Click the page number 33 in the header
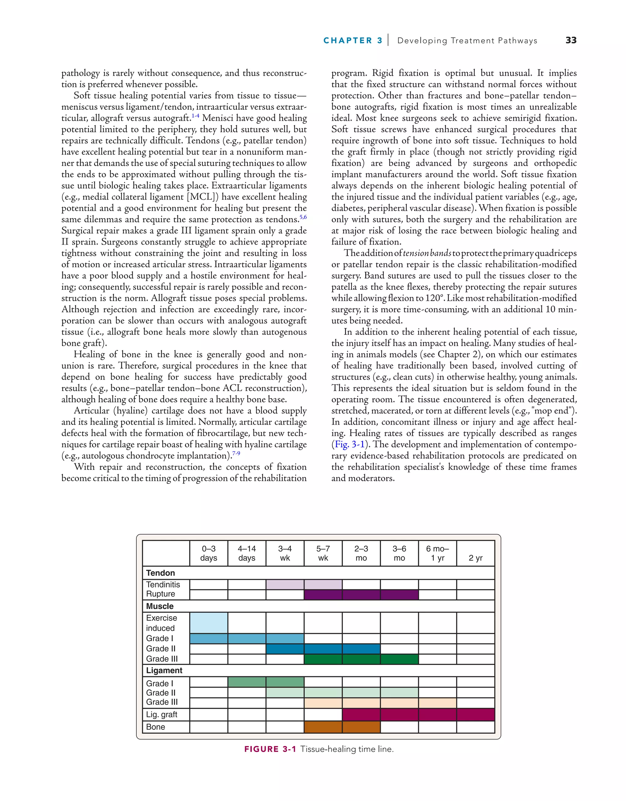pyautogui.click(x=571, y=40)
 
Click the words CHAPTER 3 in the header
pyautogui.click(x=352, y=40)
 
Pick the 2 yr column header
pyautogui.click(x=475, y=558)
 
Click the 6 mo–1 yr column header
pyautogui.click(x=437, y=553)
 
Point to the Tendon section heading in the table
pyautogui.click(x=160, y=573)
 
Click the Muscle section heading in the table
pyautogui.click(x=160, y=606)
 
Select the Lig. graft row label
pyautogui.click(x=161, y=714)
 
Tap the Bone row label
pyautogui.click(x=156, y=727)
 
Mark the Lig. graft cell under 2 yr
pyautogui.click(x=475, y=714)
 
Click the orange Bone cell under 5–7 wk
pyautogui.click(x=323, y=727)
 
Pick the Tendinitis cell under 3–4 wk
pyautogui.click(x=285, y=585)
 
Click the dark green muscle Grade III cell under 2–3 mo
pyautogui.click(x=361, y=659)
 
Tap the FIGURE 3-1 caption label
pyautogui.click(x=270, y=749)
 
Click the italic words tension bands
pyautogui.click(x=427, y=253)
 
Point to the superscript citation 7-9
pyautogui.click(x=236, y=454)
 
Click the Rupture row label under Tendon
pyautogui.click(x=160, y=594)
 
